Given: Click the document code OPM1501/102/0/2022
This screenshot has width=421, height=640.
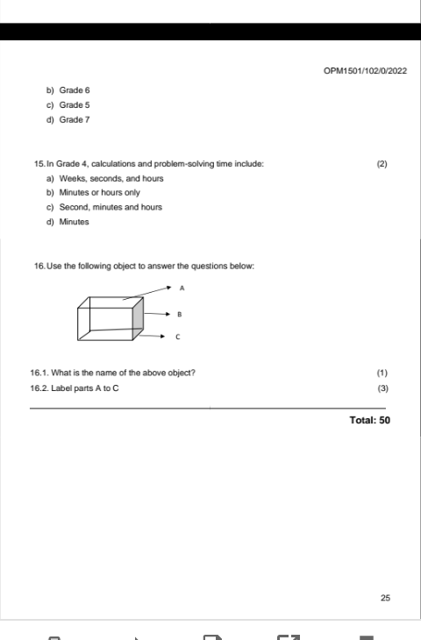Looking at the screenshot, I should [x=365, y=70].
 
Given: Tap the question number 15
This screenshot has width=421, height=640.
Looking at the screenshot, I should [x=38, y=164].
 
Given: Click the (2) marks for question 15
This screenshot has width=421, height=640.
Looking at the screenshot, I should [x=382, y=164].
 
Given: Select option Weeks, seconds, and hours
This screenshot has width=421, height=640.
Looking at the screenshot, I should [x=104, y=179].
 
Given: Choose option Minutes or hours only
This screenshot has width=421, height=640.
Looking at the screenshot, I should [x=99, y=193].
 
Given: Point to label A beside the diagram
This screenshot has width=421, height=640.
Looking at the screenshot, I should [x=182, y=288].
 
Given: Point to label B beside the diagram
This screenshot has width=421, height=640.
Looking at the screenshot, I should [x=178, y=313].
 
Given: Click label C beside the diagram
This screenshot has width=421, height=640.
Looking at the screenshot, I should [x=178, y=337].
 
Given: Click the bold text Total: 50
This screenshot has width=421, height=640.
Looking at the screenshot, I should [x=369, y=421].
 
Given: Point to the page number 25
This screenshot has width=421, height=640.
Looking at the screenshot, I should [x=386, y=598].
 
